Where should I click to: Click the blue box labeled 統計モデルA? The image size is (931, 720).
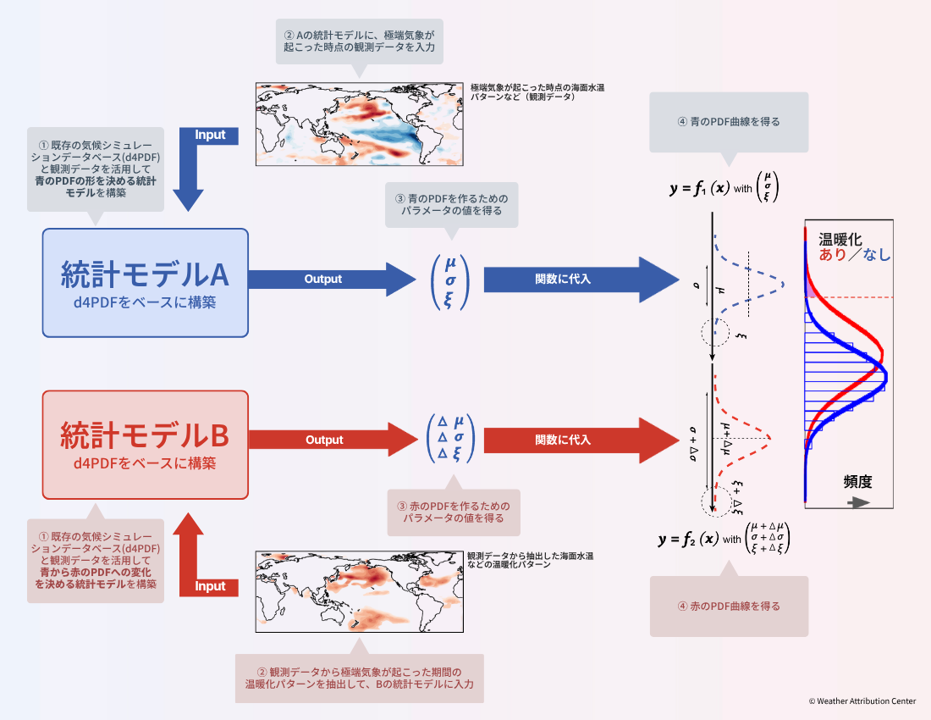click(x=146, y=282)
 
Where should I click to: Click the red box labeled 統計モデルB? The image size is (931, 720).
click(x=146, y=444)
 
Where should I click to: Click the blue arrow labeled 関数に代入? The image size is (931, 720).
click(x=576, y=279)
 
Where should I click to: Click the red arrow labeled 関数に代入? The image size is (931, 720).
click(x=576, y=440)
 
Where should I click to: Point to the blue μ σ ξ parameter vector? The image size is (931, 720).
click(x=449, y=280)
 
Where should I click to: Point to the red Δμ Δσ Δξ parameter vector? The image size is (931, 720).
click(x=450, y=440)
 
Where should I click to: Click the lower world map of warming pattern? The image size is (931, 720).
click(x=361, y=591)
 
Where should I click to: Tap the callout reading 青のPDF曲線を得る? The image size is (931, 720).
click(x=729, y=122)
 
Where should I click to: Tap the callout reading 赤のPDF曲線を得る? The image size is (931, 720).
click(x=729, y=606)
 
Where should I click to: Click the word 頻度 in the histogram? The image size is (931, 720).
click(x=857, y=482)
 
